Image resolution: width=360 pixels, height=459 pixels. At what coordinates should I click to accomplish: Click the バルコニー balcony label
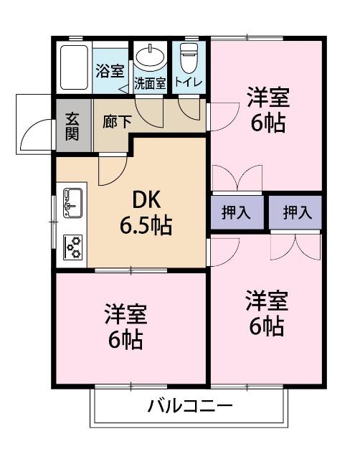pos(190,406)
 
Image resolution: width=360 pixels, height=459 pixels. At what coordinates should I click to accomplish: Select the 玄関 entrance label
pos(73,127)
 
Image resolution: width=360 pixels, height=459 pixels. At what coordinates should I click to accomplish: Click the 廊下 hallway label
pos(117,121)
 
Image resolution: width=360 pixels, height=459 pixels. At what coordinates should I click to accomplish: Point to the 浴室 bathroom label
pos(110,71)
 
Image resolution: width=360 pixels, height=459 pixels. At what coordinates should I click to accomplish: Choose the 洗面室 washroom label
pos(150,83)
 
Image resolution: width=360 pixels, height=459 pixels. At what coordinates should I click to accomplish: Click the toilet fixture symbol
pos(189,56)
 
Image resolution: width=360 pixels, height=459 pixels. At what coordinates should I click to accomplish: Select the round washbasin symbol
pos(150,57)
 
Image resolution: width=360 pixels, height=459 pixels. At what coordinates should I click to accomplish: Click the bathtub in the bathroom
pos(73,68)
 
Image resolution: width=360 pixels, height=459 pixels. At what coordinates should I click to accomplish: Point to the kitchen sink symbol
pos(72,202)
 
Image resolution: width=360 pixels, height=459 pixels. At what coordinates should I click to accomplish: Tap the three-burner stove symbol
pos(72,247)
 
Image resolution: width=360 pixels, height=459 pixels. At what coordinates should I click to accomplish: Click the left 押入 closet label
pos(235,212)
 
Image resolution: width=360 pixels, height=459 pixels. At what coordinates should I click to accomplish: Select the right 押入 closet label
pos(296,212)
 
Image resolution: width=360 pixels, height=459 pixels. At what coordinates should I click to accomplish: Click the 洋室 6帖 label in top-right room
pos(267,109)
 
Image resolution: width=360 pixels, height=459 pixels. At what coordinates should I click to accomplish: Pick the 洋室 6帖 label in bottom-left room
pos(125,326)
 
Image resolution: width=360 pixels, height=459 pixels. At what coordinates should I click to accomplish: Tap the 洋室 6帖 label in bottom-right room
pos(267,313)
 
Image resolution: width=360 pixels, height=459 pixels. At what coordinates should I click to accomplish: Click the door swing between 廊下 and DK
pos(112,168)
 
